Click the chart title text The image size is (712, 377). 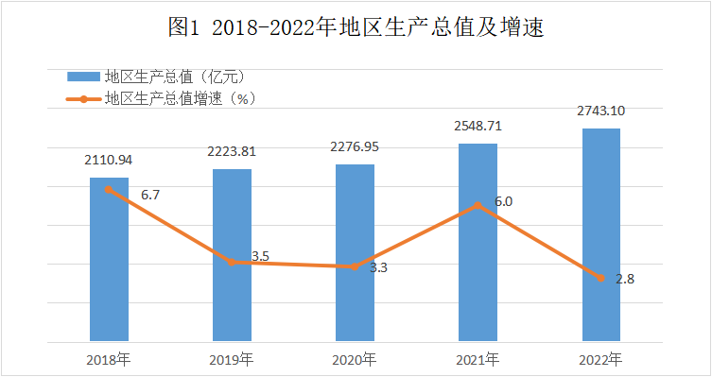[x=356, y=26]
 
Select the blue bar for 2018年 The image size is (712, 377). [x=109, y=259]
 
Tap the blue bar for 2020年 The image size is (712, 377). [x=356, y=252]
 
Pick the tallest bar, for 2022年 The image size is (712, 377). [x=601, y=234]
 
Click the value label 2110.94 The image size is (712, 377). [x=108, y=160]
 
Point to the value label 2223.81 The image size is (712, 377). [x=232, y=151]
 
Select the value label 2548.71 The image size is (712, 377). [x=478, y=126]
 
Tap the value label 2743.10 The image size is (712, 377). [x=600, y=111]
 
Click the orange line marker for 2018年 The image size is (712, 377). [x=109, y=190]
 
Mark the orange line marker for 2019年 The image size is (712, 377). [x=232, y=263]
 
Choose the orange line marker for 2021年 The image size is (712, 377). [x=478, y=206]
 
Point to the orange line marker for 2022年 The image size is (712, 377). [x=601, y=278]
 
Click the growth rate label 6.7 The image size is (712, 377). [x=150, y=195]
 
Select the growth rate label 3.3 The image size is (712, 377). [x=378, y=267]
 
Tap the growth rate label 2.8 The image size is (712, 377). [x=625, y=279]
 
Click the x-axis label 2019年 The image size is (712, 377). [x=232, y=360]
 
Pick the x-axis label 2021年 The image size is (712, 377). [x=478, y=360]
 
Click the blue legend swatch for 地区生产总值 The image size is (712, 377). [x=83, y=77]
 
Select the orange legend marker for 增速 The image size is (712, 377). [x=83, y=99]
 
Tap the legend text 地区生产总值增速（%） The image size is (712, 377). [x=181, y=98]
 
